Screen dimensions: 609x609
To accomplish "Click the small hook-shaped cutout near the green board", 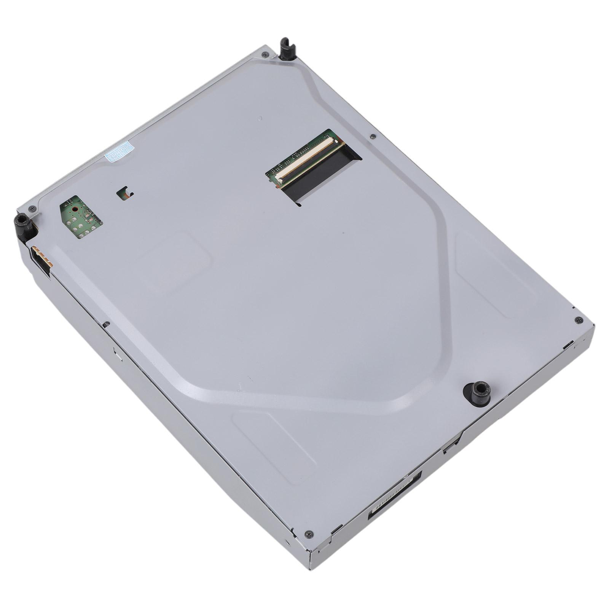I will pyautogui.click(x=125, y=193).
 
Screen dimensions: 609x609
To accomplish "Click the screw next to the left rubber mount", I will pyautogui.click(x=32, y=208).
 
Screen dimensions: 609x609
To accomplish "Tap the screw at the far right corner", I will pyautogui.click(x=579, y=319).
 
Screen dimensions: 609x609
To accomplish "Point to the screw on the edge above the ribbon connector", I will pyautogui.click(x=373, y=136).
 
